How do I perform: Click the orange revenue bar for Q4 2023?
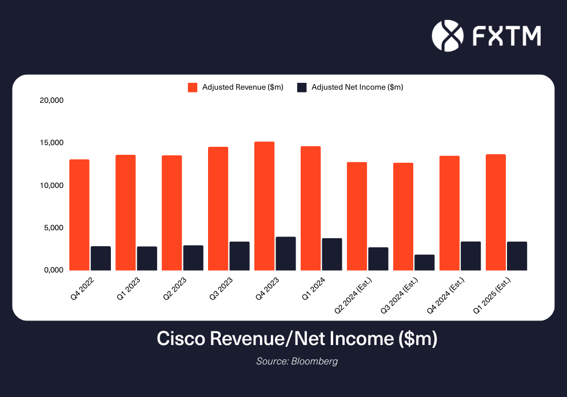(x=264, y=206)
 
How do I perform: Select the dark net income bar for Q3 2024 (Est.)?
(x=424, y=262)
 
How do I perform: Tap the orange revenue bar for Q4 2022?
(x=79, y=215)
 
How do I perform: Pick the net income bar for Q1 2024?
(x=332, y=254)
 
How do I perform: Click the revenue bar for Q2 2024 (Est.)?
(x=357, y=216)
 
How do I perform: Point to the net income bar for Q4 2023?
(x=285, y=253)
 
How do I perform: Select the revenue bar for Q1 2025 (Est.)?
(x=495, y=212)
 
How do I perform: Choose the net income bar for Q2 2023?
(x=193, y=258)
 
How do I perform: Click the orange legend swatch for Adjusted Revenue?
(x=193, y=87)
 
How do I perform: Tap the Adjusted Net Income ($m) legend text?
(x=357, y=87)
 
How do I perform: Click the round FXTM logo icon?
(x=446, y=35)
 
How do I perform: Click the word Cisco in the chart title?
(x=181, y=339)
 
